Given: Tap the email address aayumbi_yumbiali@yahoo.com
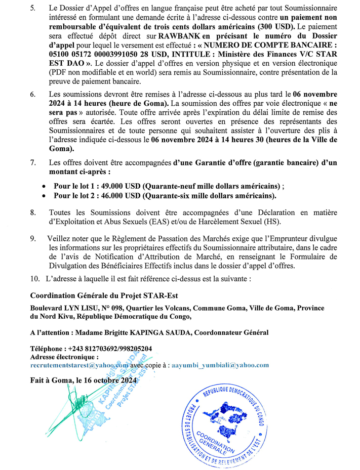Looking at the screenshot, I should pos(220,365).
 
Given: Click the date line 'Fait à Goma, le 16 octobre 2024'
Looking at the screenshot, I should pos(84,380).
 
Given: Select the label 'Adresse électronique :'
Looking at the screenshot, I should pos(64,357).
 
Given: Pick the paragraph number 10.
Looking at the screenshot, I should pos(35,278).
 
